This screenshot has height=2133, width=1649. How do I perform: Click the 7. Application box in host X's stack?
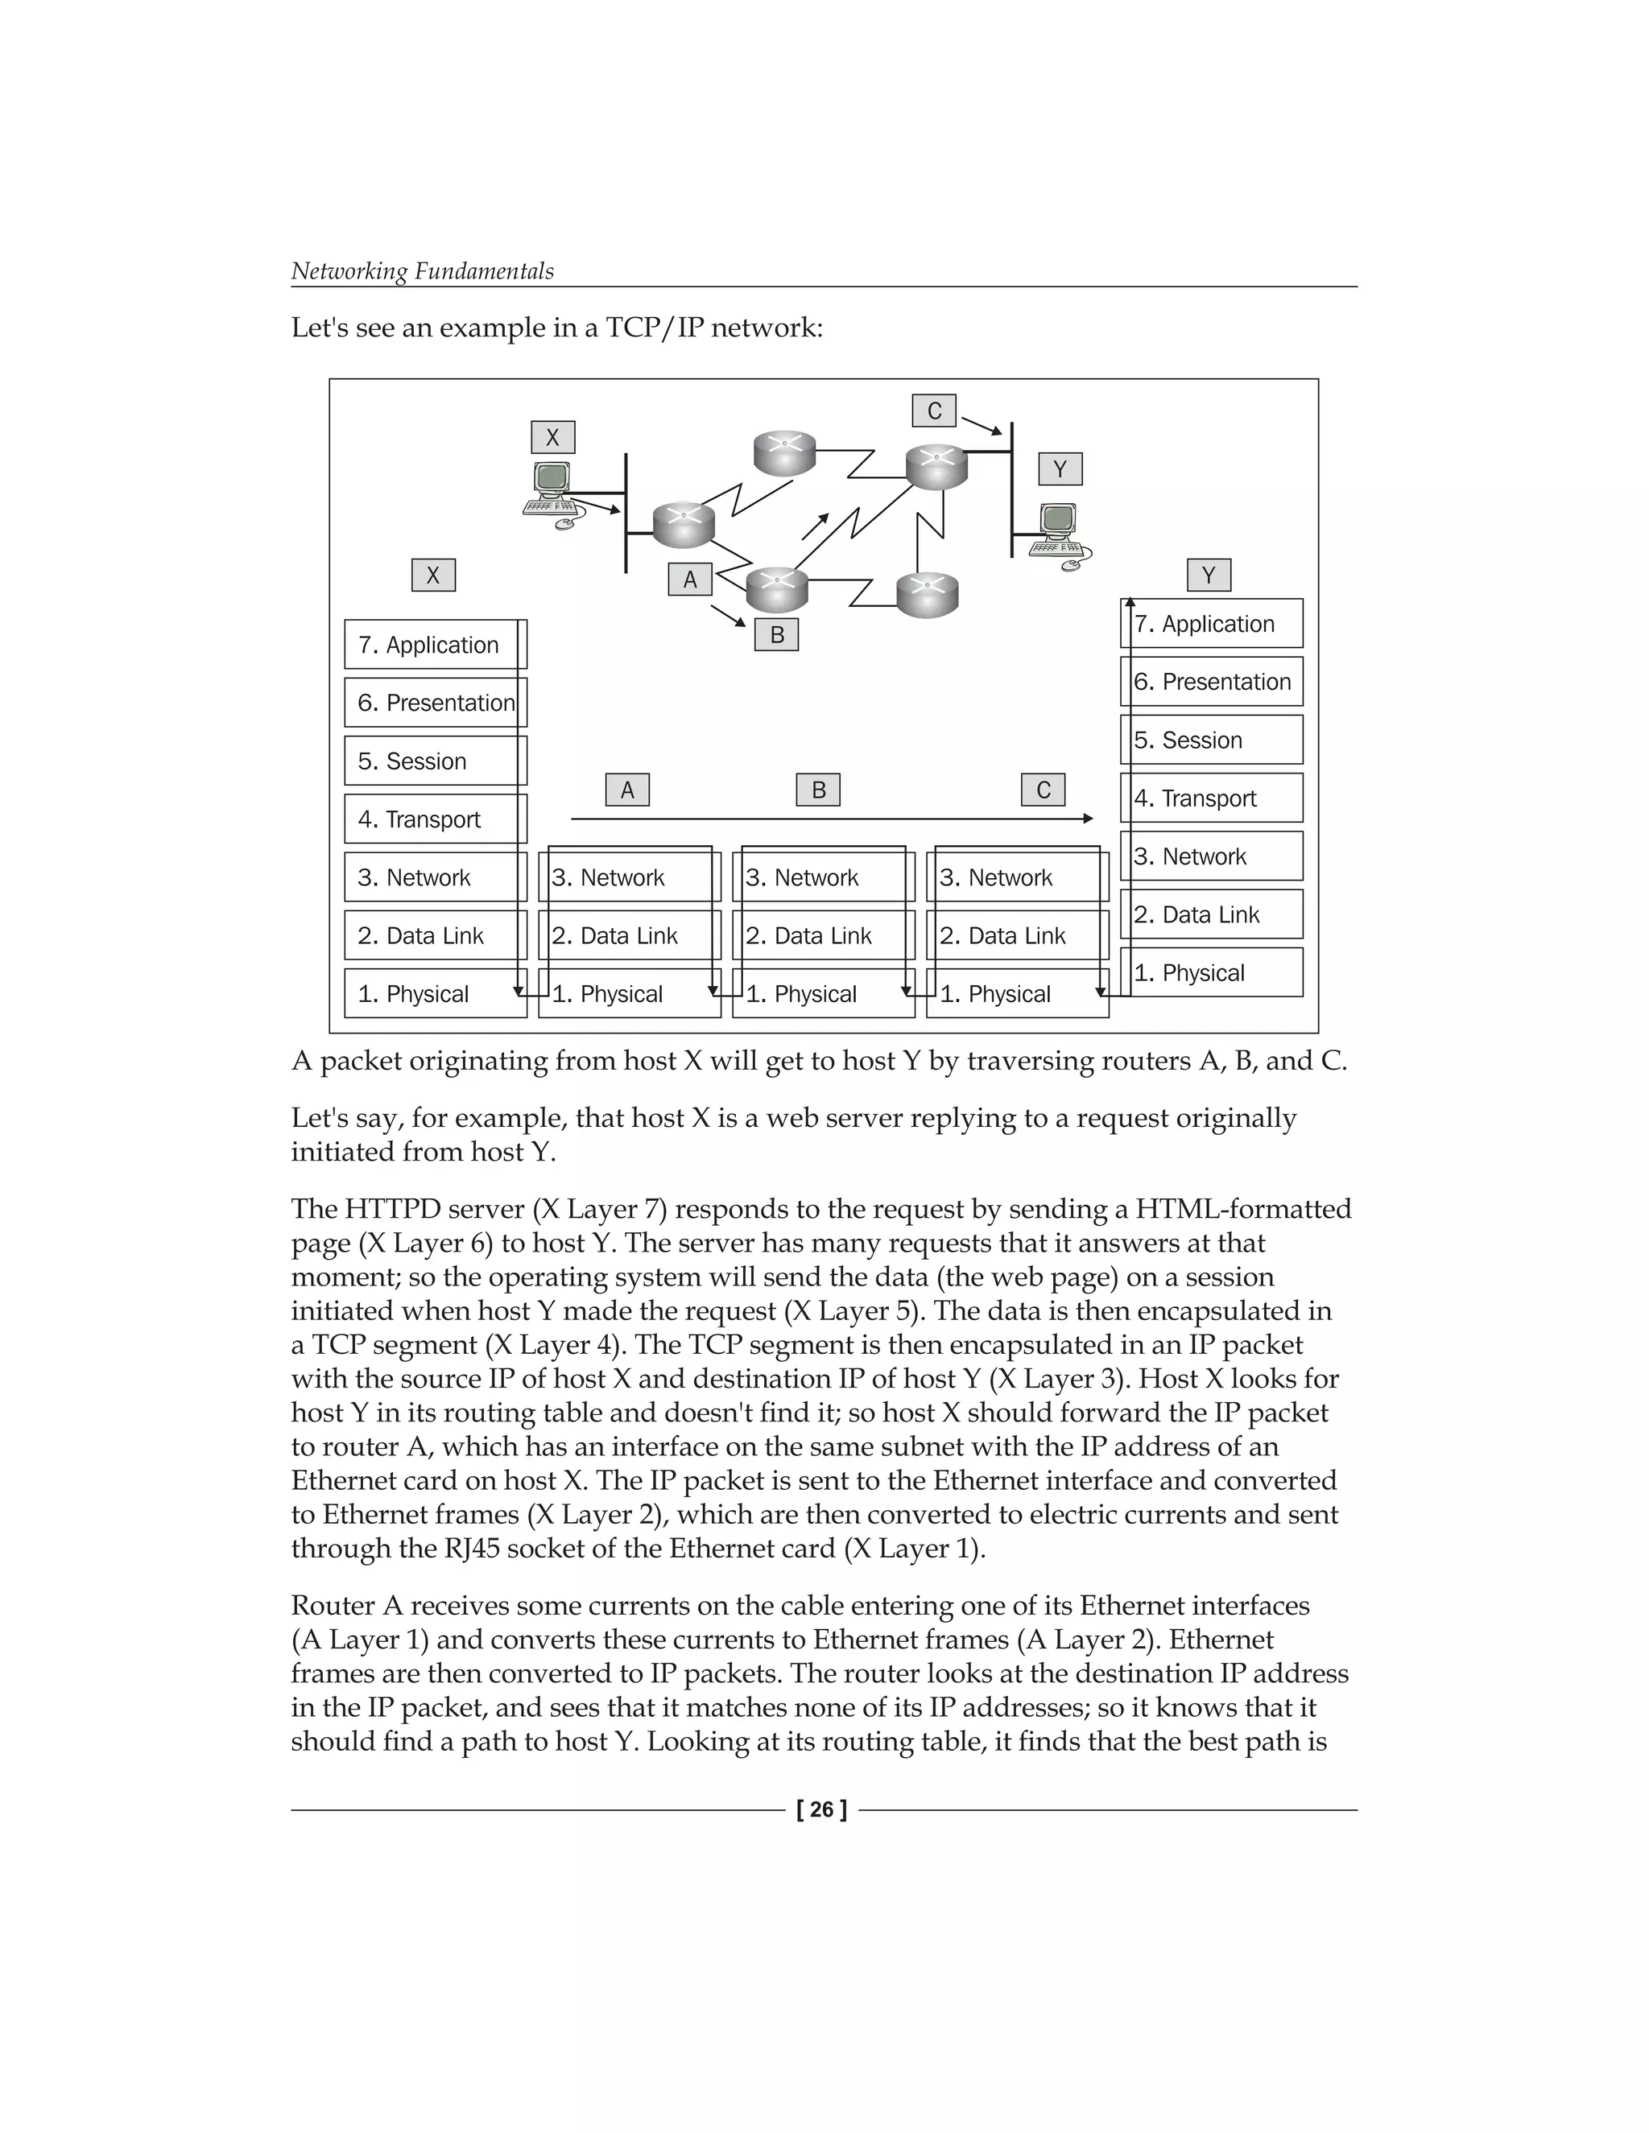(x=435, y=645)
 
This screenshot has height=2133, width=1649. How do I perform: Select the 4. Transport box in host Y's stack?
(x=1211, y=798)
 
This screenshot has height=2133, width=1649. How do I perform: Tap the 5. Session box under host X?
(x=435, y=761)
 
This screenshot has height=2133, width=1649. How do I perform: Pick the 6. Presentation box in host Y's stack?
(x=1211, y=682)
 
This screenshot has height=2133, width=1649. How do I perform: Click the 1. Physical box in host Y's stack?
(x=1211, y=973)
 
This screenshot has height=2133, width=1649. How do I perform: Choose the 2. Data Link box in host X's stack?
(x=435, y=935)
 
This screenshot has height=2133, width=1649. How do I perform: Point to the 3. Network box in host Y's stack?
(x=1211, y=856)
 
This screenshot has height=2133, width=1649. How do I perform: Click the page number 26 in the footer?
(x=821, y=1809)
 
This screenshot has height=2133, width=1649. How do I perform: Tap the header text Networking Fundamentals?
(x=422, y=271)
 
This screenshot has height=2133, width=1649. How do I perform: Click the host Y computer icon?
(x=1059, y=532)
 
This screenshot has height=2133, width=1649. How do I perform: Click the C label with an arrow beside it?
(x=934, y=411)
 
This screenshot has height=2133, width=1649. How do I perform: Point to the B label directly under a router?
(x=777, y=635)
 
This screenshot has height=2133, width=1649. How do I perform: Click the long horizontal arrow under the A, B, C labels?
(x=830, y=819)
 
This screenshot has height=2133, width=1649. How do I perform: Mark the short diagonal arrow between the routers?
(x=815, y=526)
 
